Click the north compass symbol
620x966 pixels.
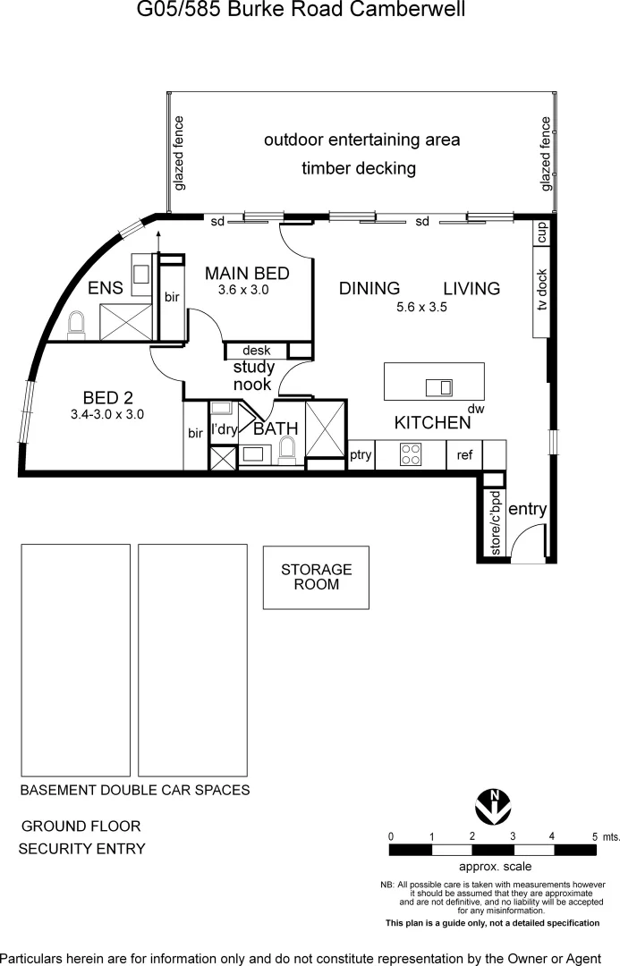[493, 805]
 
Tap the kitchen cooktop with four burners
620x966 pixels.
[410, 454]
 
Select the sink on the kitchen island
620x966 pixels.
[439, 387]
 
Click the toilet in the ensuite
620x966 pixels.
[77, 324]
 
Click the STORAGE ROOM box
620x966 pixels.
[316, 577]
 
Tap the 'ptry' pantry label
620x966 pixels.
[361, 455]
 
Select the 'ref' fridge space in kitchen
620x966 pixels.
[464, 455]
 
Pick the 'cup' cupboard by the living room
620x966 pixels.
[541, 233]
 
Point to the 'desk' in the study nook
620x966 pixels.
[256, 351]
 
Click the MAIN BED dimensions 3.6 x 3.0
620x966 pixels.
[243, 290]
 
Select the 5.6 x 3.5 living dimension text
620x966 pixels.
[420, 307]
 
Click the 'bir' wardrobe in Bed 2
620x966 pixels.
[195, 434]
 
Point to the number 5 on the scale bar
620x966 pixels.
[594, 836]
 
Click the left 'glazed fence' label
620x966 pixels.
[179, 153]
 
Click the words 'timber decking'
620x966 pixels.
[359, 168]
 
